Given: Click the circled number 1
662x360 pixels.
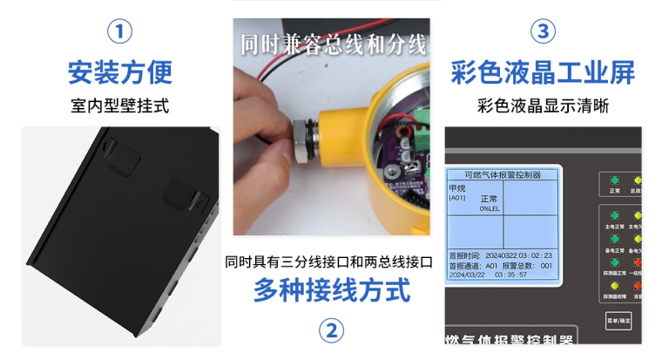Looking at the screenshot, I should [119, 32].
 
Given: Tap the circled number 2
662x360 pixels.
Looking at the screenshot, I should [330, 331].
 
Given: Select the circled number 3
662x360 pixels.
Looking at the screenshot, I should [543, 32].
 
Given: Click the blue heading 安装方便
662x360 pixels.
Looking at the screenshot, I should [119, 71].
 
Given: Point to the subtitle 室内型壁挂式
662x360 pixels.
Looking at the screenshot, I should [119, 106].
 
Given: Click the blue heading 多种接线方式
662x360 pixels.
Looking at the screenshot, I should [331, 289].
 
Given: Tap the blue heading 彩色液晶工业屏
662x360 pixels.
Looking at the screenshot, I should [543, 71].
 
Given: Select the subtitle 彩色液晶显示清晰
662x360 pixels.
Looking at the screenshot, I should [543, 106].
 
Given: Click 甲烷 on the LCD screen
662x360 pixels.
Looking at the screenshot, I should [457, 187].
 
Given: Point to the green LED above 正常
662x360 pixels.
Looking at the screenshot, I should [614, 180].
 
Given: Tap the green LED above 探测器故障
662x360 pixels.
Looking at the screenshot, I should [614, 285].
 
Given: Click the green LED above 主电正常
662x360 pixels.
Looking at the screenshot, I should [614, 214].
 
